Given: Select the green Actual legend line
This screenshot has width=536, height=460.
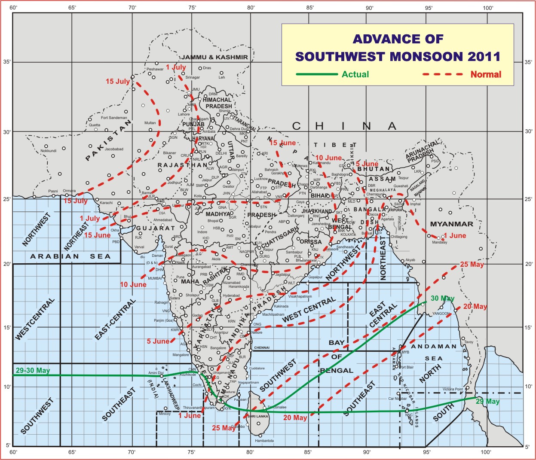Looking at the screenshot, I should [317, 74].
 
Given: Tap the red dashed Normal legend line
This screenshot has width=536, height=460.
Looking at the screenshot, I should [443, 74].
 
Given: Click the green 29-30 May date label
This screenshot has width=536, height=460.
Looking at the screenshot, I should [33, 370].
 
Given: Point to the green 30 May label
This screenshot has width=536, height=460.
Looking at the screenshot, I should [442, 298].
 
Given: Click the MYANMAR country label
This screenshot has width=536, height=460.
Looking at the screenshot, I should [451, 224].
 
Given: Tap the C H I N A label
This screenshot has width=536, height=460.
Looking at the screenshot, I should [344, 126].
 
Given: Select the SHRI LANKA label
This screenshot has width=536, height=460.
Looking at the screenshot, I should [258, 416].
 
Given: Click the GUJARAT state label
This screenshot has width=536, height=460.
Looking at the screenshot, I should [156, 228].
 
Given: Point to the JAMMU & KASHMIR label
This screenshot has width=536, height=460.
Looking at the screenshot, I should [214, 57].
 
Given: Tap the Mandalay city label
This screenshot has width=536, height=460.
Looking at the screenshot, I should [440, 242].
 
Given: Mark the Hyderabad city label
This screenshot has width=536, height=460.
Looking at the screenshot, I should [231, 295].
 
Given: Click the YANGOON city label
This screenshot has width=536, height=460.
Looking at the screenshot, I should [441, 314].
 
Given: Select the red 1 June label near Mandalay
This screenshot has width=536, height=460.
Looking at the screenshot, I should [455, 235].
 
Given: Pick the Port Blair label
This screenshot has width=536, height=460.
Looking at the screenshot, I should [407, 367].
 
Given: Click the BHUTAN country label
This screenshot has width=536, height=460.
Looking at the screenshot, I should [374, 169].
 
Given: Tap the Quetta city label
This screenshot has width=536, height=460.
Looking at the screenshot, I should [95, 125].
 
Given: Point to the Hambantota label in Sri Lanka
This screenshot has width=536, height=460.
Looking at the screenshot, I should [264, 441].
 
